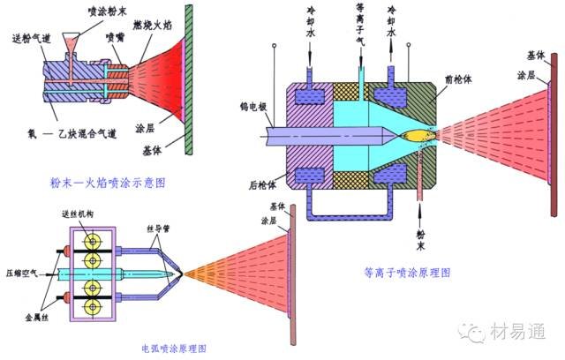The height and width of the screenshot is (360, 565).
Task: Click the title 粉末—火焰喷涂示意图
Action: tap(109, 183)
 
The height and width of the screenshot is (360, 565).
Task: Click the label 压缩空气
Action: tap(21, 274)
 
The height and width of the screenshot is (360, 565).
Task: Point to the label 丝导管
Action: tap(162, 228)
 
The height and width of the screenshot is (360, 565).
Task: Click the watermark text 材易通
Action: tap(521, 333)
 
